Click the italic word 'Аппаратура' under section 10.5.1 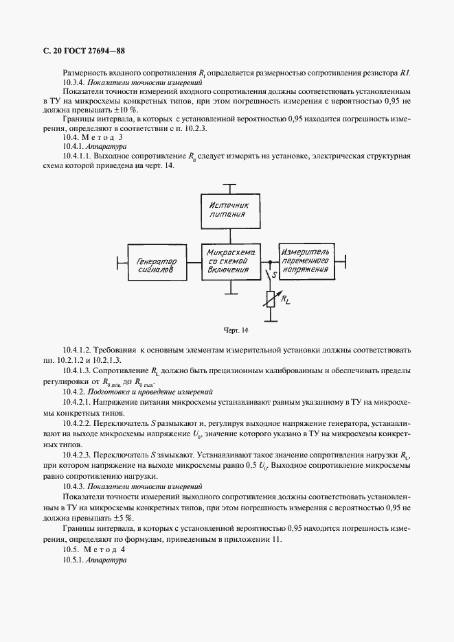click(106, 560)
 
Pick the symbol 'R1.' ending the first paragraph click(405, 72)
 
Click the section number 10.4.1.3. click(81, 369)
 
